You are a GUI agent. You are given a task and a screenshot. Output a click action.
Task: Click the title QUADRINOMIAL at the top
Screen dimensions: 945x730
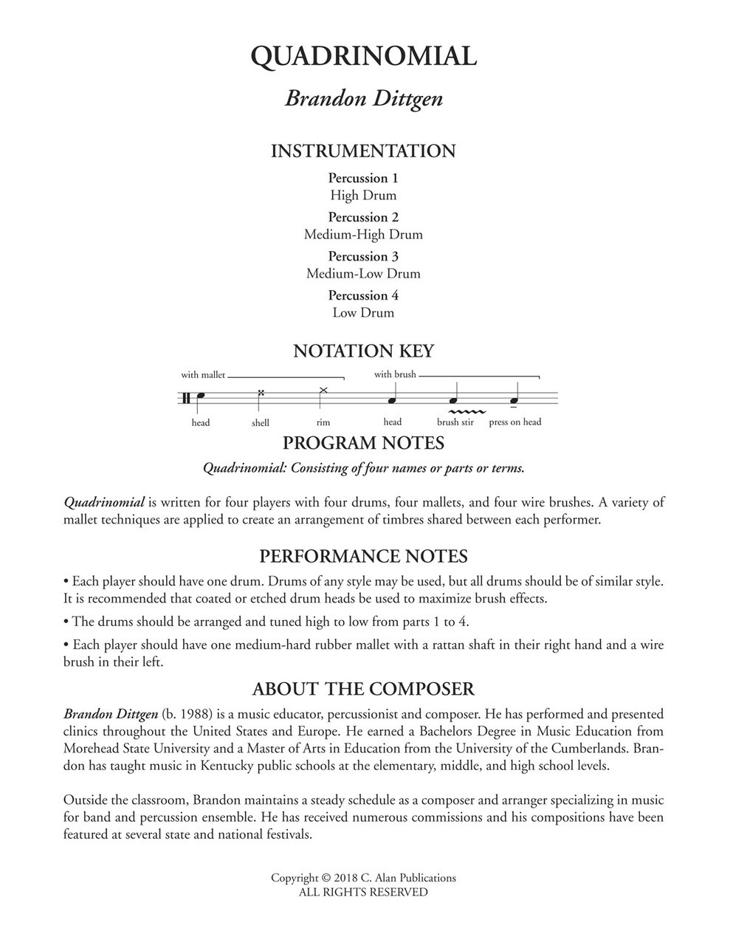click(364, 56)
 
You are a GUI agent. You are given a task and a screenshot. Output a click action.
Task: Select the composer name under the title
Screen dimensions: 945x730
click(364, 99)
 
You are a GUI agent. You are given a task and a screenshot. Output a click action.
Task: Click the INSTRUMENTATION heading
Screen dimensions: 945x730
click(364, 151)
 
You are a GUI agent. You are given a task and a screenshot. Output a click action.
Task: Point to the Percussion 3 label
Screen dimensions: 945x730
click(363, 256)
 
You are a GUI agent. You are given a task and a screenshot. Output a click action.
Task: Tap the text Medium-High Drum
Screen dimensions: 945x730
click(363, 235)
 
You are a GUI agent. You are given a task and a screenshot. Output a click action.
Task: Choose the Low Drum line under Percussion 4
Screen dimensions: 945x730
click(363, 313)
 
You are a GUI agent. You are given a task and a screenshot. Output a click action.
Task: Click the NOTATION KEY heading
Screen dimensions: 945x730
click(364, 351)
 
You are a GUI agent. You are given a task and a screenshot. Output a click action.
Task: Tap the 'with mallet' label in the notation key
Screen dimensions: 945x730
click(203, 375)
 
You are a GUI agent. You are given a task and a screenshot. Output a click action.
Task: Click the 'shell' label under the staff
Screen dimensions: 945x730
click(261, 423)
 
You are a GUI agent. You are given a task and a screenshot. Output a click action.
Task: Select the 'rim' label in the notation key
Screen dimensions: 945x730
click(323, 422)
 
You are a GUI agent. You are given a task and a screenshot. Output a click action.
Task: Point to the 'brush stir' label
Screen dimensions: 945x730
click(455, 422)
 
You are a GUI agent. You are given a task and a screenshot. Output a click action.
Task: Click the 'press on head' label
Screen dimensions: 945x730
click(515, 422)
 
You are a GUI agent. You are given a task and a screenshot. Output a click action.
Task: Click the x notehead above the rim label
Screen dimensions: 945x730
click(323, 389)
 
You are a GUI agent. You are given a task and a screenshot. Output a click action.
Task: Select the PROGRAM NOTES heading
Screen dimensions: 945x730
click(364, 443)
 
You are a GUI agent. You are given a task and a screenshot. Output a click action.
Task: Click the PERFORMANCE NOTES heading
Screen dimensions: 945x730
click(364, 556)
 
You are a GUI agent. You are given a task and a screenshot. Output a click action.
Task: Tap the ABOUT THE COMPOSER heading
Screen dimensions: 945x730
click(364, 690)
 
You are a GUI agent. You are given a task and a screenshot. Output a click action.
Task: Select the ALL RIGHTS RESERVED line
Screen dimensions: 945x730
click(363, 893)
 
